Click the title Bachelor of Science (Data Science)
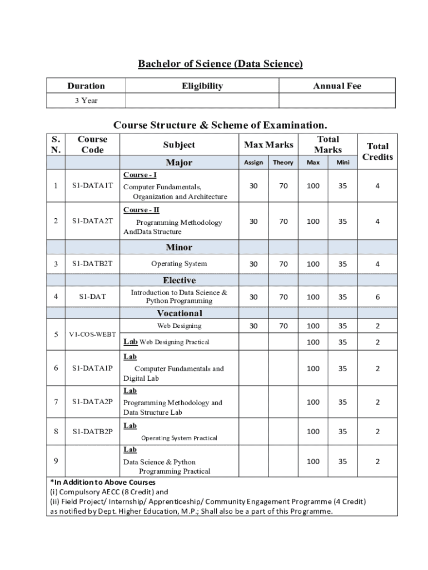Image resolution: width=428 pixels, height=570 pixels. tap(220, 64)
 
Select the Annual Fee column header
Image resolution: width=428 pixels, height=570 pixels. tap(337, 86)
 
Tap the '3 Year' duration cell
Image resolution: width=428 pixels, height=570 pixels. tap(86, 101)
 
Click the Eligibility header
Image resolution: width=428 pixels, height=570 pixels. tap(202, 86)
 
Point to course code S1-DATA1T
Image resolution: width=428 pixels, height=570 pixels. tap(92, 186)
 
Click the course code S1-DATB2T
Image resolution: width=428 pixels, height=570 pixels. tap(92, 264)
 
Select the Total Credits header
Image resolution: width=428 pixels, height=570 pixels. tap(377, 151)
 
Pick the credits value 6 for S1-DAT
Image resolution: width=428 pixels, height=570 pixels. tap(377, 297)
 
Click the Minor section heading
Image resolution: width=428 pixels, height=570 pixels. tap(179, 247)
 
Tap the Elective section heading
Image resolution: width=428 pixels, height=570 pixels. tap(179, 281)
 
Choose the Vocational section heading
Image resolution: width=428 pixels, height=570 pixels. tap(179, 313)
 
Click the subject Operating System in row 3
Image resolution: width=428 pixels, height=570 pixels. tap(179, 264)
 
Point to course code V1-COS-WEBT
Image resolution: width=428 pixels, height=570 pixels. tap(92, 335)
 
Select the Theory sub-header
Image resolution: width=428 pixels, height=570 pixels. tap(283, 163)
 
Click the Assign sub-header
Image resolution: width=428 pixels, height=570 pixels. tap(253, 163)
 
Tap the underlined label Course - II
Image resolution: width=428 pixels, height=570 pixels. tap(141, 210)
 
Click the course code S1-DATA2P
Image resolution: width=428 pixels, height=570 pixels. tap(92, 402)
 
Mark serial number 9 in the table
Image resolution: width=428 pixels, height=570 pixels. tap(56, 460)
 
